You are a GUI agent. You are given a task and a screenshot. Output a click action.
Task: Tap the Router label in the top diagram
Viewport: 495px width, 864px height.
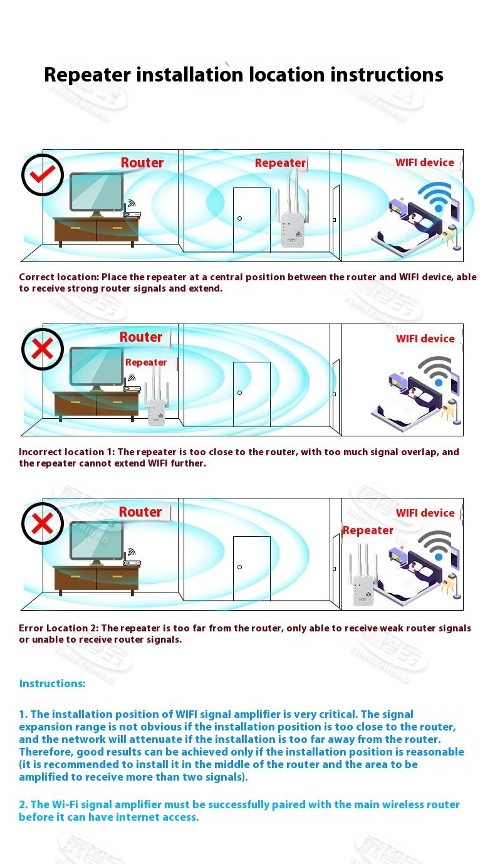(142, 162)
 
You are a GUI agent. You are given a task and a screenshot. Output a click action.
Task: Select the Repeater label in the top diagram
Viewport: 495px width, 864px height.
(280, 163)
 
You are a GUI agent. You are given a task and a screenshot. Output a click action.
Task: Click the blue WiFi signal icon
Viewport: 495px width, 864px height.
(435, 197)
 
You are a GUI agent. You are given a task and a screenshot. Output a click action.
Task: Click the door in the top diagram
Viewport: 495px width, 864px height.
(252, 220)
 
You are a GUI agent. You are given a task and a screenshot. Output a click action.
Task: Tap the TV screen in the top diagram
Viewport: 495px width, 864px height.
(96, 192)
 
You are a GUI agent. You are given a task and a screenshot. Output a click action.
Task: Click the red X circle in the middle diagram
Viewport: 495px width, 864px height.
(43, 349)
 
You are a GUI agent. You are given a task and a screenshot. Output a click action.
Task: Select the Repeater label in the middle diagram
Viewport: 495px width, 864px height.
(146, 362)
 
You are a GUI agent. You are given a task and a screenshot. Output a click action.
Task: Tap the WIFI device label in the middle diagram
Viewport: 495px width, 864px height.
(425, 339)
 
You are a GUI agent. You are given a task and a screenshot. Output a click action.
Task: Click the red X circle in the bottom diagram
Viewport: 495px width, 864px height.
(43, 524)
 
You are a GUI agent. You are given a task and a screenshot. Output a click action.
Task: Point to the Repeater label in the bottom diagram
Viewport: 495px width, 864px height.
(368, 530)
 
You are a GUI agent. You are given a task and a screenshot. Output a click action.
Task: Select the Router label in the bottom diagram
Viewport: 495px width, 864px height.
(140, 512)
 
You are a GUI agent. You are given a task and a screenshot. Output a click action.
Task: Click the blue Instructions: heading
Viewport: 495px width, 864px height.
(53, 683)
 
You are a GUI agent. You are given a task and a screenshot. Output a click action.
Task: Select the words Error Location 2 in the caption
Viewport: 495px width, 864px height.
(58, 628)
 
